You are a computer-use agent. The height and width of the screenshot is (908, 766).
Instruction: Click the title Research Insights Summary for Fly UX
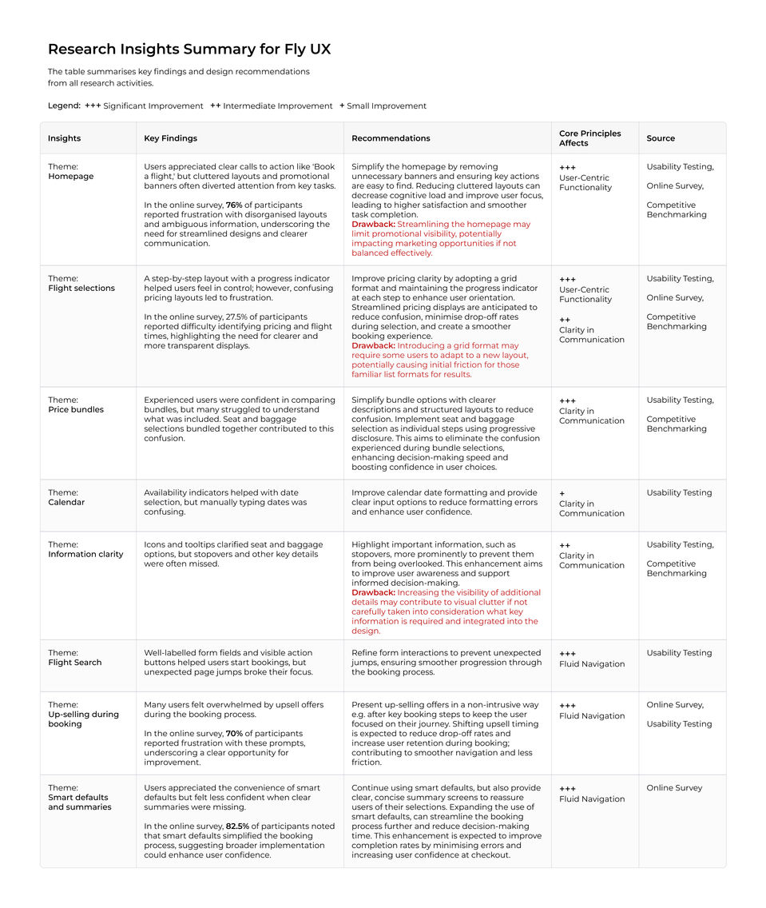tap(189, 50)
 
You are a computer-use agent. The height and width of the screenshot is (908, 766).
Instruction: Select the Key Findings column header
tap(170, 138)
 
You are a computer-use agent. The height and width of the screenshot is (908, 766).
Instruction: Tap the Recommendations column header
tap(391, 138)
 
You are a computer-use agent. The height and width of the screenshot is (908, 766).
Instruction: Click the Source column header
tap(661, 138)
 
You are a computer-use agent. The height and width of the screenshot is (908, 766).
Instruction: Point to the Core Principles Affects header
tap(589, 138)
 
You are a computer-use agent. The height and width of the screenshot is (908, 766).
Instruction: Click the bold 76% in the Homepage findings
tap(234, 205)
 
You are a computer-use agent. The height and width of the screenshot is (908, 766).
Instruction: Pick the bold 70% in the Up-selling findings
tap(235, 734)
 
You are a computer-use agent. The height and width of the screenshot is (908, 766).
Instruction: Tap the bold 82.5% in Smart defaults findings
tap(238, 826)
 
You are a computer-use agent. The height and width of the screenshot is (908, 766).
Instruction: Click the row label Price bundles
tap(76, 410)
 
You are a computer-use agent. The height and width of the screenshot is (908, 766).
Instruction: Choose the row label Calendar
tap(66, 503)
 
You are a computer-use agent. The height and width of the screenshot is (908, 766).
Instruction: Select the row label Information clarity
tap(85, 555)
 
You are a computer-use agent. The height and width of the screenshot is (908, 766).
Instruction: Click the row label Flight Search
tap(75, 663)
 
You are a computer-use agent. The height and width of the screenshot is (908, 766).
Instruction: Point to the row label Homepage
tap(71, 177)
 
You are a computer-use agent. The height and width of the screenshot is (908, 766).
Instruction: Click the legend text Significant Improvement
tap(153, 106)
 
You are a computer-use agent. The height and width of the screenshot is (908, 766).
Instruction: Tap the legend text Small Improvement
tap(387, 106)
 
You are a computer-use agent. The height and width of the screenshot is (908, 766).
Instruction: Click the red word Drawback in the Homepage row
tap(373, 225)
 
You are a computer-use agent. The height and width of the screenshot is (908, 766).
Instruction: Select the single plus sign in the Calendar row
tap(562, 494)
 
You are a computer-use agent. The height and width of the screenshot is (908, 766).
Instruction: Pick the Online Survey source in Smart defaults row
tap(674, 788)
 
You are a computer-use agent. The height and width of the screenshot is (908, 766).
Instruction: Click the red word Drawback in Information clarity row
tap(373, 593)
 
